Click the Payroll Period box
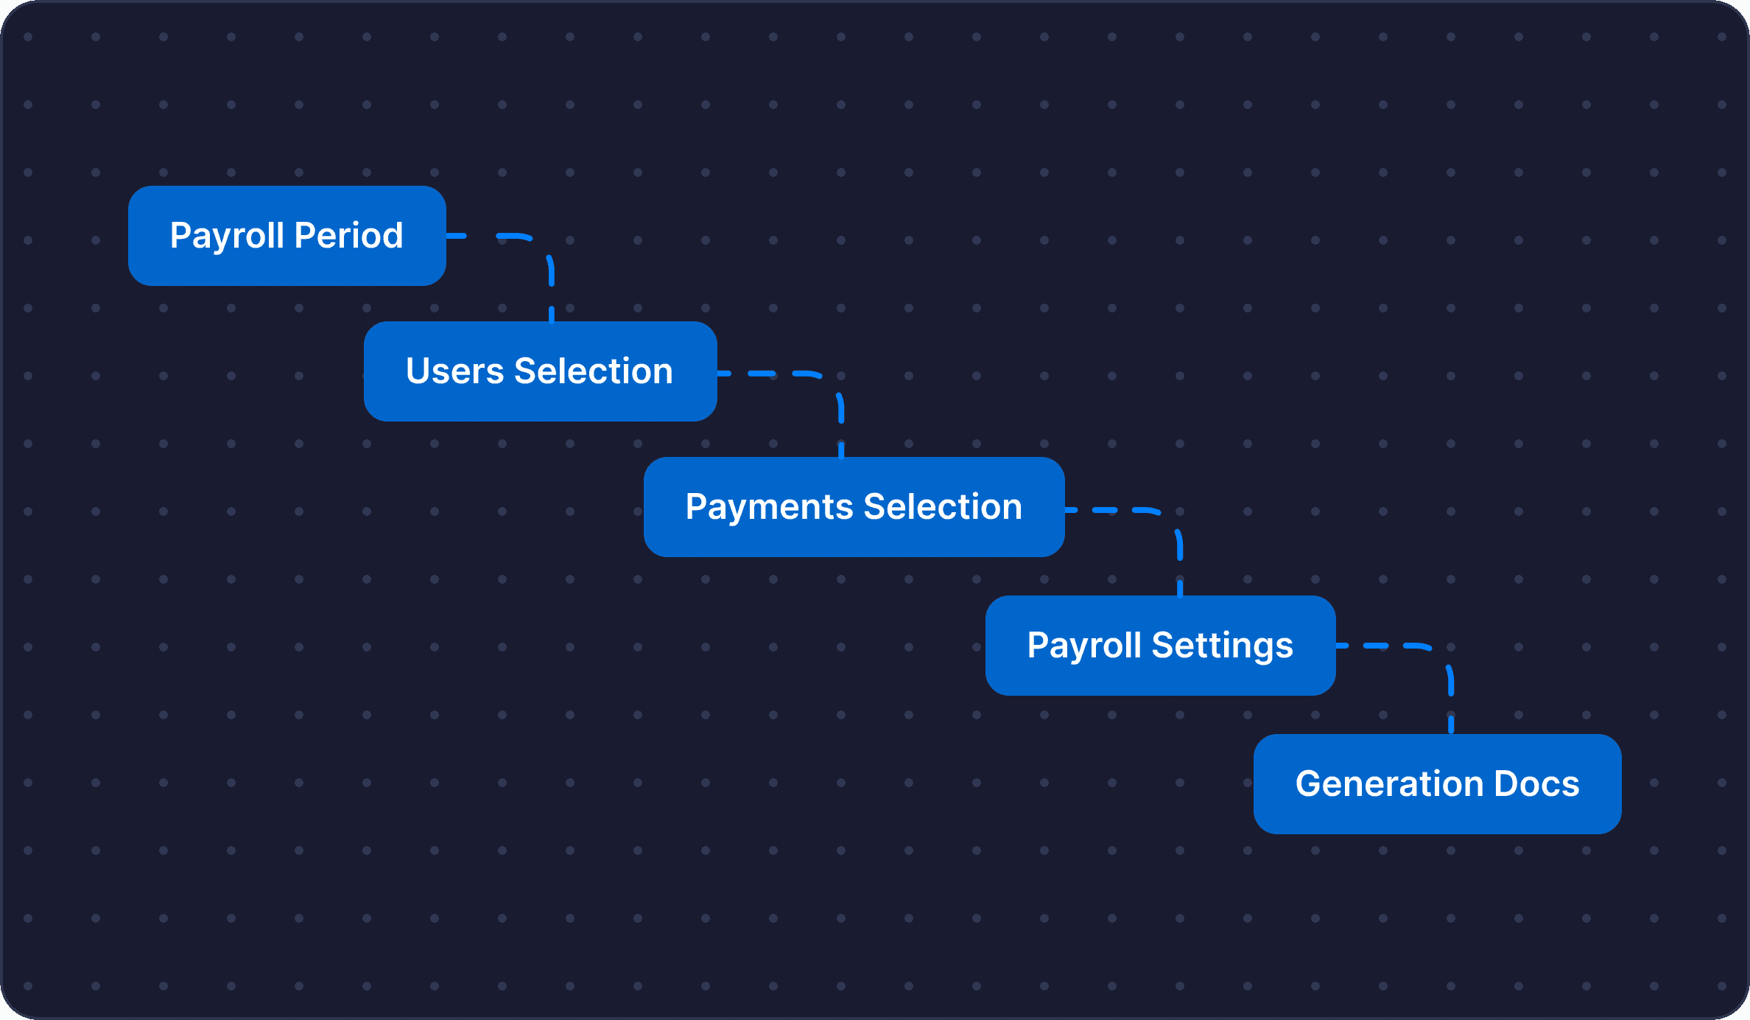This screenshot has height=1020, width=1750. (x=287, y=236)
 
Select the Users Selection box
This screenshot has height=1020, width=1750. (x=541, y=371)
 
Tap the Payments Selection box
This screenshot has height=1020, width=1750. (x=854, y=507)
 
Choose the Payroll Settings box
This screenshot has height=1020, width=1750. (x=1161, y=646)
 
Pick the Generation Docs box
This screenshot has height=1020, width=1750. (x=1438, y=784)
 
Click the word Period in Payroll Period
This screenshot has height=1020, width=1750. (x=349, y=236)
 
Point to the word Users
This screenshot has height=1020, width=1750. (x=455, y=371)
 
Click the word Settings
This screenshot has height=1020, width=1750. (x=1223, y=646)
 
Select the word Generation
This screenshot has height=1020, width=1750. (x=1388, y=783)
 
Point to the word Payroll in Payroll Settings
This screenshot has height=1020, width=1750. (x=1083, y=646)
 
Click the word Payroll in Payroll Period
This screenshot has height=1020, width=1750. (x=227, y=237)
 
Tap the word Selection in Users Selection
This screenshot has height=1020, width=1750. (x=594, y=371)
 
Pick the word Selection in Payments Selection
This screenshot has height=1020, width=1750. (x=943, y=507)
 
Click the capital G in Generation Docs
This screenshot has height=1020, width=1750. (x=1310, y=783)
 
